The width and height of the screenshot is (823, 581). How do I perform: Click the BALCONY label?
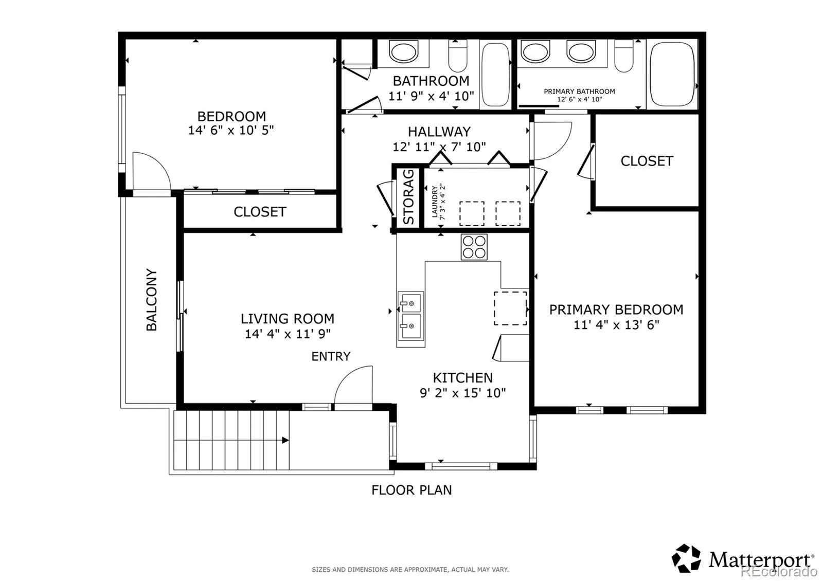coord(152,300)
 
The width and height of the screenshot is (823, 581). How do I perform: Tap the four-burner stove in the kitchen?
coord(474,247)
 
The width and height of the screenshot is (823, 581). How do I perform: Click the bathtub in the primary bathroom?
coord(672,74)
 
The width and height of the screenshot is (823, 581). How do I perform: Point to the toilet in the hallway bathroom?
coord(457,56)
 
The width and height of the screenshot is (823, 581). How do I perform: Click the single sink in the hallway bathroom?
coord(403,52)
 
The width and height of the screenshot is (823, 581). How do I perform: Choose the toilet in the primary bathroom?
coord(624,56)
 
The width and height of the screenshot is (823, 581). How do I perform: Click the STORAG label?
coord(408,197)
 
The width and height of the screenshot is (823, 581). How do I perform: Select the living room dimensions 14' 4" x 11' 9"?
coord(288,334)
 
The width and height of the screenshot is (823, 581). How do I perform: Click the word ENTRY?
coord(331,356)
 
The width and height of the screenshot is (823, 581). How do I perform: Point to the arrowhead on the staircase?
coord(285,440)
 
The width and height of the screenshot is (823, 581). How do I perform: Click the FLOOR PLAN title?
coord(411,490)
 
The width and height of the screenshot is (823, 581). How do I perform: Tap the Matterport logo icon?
coord(686,558)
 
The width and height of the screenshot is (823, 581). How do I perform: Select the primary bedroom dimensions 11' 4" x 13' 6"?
coord(617,325)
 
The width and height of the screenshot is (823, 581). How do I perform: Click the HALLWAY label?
coord(439,132)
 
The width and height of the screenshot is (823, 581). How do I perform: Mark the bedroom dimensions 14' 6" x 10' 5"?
coord(231,131)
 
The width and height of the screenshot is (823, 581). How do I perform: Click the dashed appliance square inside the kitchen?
coord(510,308)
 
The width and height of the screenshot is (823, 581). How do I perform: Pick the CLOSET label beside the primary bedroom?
coord(647,161)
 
